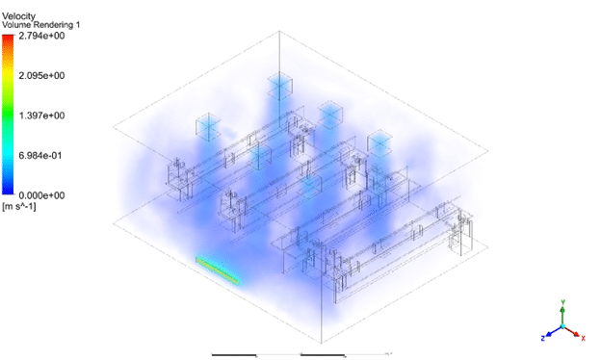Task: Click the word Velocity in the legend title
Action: pyautogui.click(x=18, y=16)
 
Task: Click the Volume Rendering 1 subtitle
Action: pyautogui.click(x=41, y=25)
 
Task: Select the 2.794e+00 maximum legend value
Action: pyautogui.click(x=41, y=36)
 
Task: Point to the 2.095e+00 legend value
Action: pyautogui.click(x=41, y=75)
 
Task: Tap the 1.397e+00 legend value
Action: pyautogui.click(x=41, y=116)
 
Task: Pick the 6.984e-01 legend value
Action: pyautogui.click(x=40, y=156)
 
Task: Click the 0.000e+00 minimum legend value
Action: pyautogui.click(x=41, y=195)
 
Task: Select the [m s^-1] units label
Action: pyautogui.click(x=19, y=207)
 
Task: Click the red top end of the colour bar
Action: pyautogui.click(x=8, y=38)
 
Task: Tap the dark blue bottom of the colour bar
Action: pyautogui.click(x=8, y=192)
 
